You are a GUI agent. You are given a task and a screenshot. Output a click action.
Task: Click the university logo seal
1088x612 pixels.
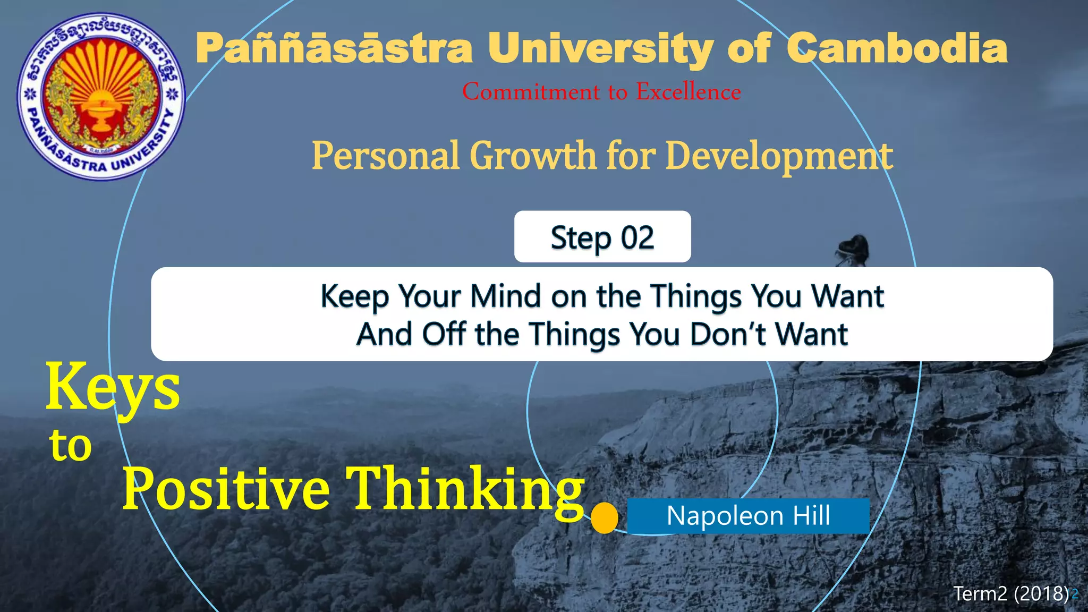coord(101,96)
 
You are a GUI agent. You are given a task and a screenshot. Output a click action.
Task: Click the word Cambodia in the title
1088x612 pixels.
coord(897,48)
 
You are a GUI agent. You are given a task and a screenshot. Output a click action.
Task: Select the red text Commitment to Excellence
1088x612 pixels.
coord(601,92)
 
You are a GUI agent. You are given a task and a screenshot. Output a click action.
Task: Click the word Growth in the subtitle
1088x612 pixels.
coord(533,156)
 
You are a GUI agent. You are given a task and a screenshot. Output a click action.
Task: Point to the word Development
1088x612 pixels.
coord(779,156)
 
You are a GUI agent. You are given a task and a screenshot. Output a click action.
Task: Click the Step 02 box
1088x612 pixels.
coord(602,237)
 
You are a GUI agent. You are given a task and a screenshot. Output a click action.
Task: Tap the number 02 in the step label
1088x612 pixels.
coord(637,237)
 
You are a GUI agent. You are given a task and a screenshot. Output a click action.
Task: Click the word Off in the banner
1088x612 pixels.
coord(444,334)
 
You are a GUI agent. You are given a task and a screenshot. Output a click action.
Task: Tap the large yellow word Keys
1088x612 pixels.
coord(113,388)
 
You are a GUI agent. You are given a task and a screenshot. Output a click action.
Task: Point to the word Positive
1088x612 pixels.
coord(226,488)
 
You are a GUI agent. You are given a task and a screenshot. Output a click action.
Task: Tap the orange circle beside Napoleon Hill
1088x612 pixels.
coord(605,518)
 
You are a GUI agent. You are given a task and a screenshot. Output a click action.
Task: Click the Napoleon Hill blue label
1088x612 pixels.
coord(748,516)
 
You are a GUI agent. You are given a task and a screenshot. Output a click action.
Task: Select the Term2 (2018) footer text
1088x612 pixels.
coord(1010,593)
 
